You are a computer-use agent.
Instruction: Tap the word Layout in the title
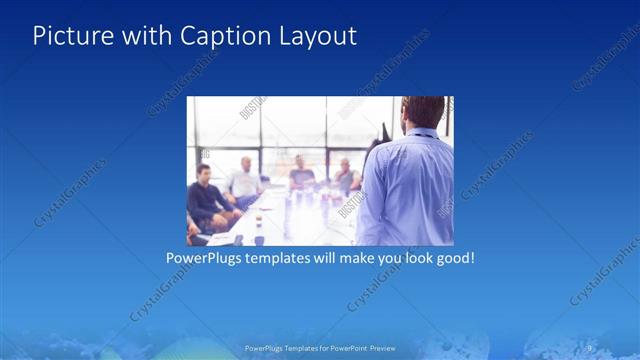[317, 36]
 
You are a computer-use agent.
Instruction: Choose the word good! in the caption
[452, 257]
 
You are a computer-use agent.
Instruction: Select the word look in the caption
[408, 257]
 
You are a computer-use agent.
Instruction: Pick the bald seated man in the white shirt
[243, 180]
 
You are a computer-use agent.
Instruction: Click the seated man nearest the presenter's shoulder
[345, 175]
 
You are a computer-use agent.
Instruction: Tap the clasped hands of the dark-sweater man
[225, 213]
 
